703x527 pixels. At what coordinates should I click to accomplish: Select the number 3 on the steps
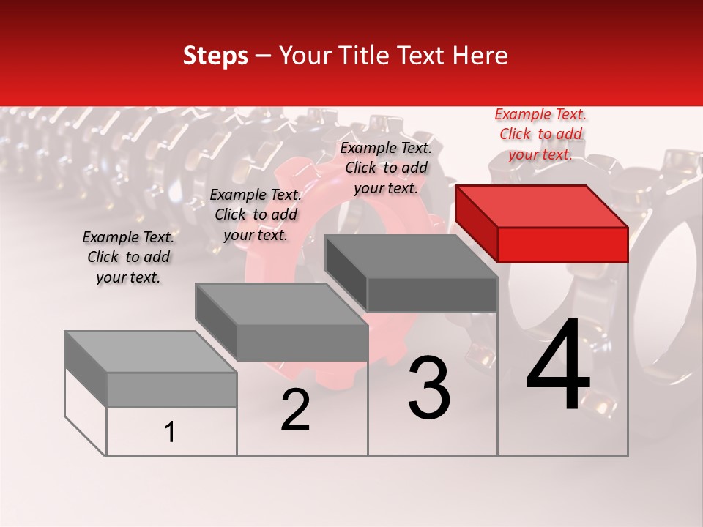pyautogui.click(x=429, y=388)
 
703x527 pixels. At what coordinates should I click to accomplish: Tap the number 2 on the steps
pyautogui.click(x=295, y=410)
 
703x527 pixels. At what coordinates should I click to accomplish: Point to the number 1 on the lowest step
pyautogui.click(x=170, y=433)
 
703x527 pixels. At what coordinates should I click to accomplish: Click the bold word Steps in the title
pyautogui.click(x=215, y=56)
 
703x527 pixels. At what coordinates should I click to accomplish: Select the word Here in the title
pyautogui.click(x=480, y=56)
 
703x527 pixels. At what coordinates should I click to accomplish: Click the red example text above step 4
pyautogui.click(x=540, y=134)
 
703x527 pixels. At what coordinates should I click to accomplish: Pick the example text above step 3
pyautogui.click(x=386, y=168)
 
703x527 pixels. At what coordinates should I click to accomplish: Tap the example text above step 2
pyautogui.click(x=256, y=214)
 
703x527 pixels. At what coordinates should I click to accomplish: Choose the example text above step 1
pyautogui.click(x=128, y=257)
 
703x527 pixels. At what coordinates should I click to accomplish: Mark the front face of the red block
pyautogui.click(x=562, y=244)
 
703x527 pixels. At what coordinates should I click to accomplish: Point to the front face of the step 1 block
pyautogui.click(x=171, y=389)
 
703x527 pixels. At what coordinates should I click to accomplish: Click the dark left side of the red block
pyautogui.click(x=476, y=224)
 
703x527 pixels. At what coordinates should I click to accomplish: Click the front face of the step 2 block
pyautogui.click(x=302, y=342)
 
